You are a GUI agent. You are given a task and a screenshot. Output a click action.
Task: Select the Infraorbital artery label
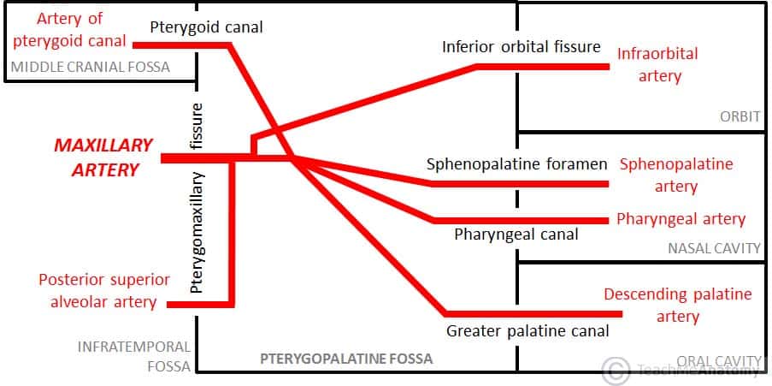657,65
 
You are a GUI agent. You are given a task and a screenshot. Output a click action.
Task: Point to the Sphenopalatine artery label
676,175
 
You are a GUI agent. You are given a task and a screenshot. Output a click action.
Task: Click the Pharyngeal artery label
681,219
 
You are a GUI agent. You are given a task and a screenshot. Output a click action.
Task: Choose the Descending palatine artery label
678,306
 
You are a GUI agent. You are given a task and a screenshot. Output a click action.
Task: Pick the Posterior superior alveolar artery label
97,291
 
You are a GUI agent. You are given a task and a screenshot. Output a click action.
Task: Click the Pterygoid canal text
206,27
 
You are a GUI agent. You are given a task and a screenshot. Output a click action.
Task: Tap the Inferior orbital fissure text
522,46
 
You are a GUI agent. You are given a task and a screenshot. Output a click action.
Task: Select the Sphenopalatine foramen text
516,163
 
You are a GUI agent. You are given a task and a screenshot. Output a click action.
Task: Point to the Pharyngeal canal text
516,234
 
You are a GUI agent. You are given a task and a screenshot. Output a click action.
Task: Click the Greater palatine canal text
527,330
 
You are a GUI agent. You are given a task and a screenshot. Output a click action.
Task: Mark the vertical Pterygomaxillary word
197,232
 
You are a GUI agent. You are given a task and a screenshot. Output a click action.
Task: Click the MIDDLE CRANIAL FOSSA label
89,67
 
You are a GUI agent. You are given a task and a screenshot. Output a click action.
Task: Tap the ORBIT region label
740,116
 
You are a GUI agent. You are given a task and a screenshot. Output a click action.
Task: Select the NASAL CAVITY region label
714,248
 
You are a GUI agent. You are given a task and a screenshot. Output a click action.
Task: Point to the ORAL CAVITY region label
718,361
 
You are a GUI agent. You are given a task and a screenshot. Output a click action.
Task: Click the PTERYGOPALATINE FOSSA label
346,359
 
